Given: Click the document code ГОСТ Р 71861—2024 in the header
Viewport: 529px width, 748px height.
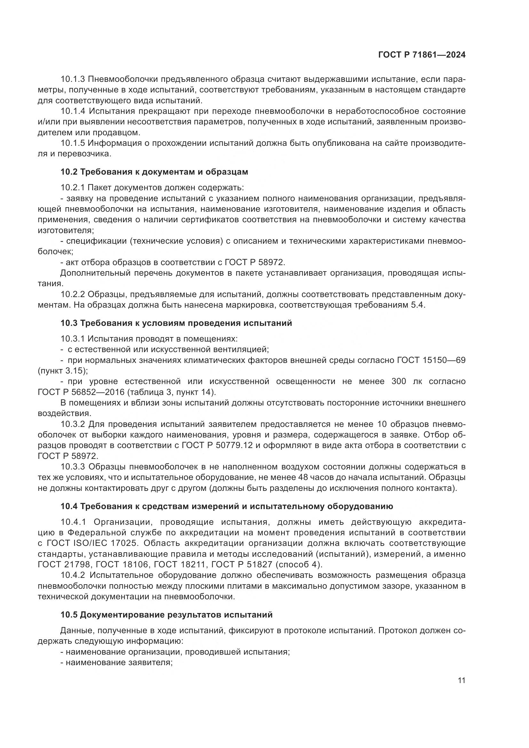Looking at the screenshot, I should point(422,55).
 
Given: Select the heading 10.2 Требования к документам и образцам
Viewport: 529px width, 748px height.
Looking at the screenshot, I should point(154,172).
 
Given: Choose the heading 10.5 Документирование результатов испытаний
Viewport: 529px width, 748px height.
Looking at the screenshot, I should point(166,615).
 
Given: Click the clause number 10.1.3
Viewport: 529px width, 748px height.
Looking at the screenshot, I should point(73,79).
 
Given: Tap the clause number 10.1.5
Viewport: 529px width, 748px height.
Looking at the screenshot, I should point(73,143).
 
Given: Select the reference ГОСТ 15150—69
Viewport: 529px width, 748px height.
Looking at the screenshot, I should point(431,360).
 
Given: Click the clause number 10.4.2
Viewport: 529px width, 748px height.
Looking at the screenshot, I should point(73,575).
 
